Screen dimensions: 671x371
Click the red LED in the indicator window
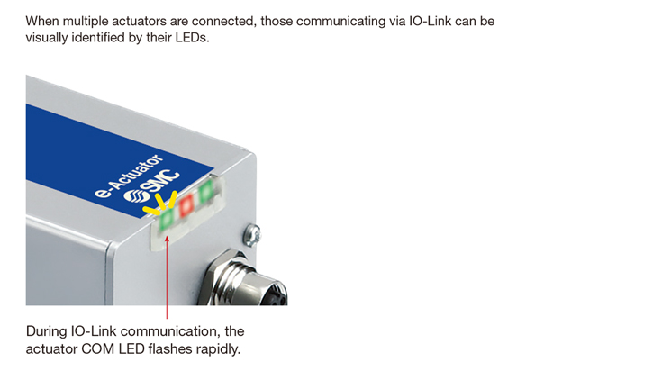pyautogui.click(x=186, y=206)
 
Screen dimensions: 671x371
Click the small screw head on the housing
pyautogui.click(x=252, y=235)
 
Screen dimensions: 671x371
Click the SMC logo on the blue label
pyautogui.click(x=151, y=187)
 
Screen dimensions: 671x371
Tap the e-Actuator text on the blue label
pyautogui.click(x=129, y=176)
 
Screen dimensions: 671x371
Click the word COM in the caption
pyautogui.click(x=98, y=349)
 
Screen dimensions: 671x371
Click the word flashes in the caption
pyautogui.click(x=170, y=348)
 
